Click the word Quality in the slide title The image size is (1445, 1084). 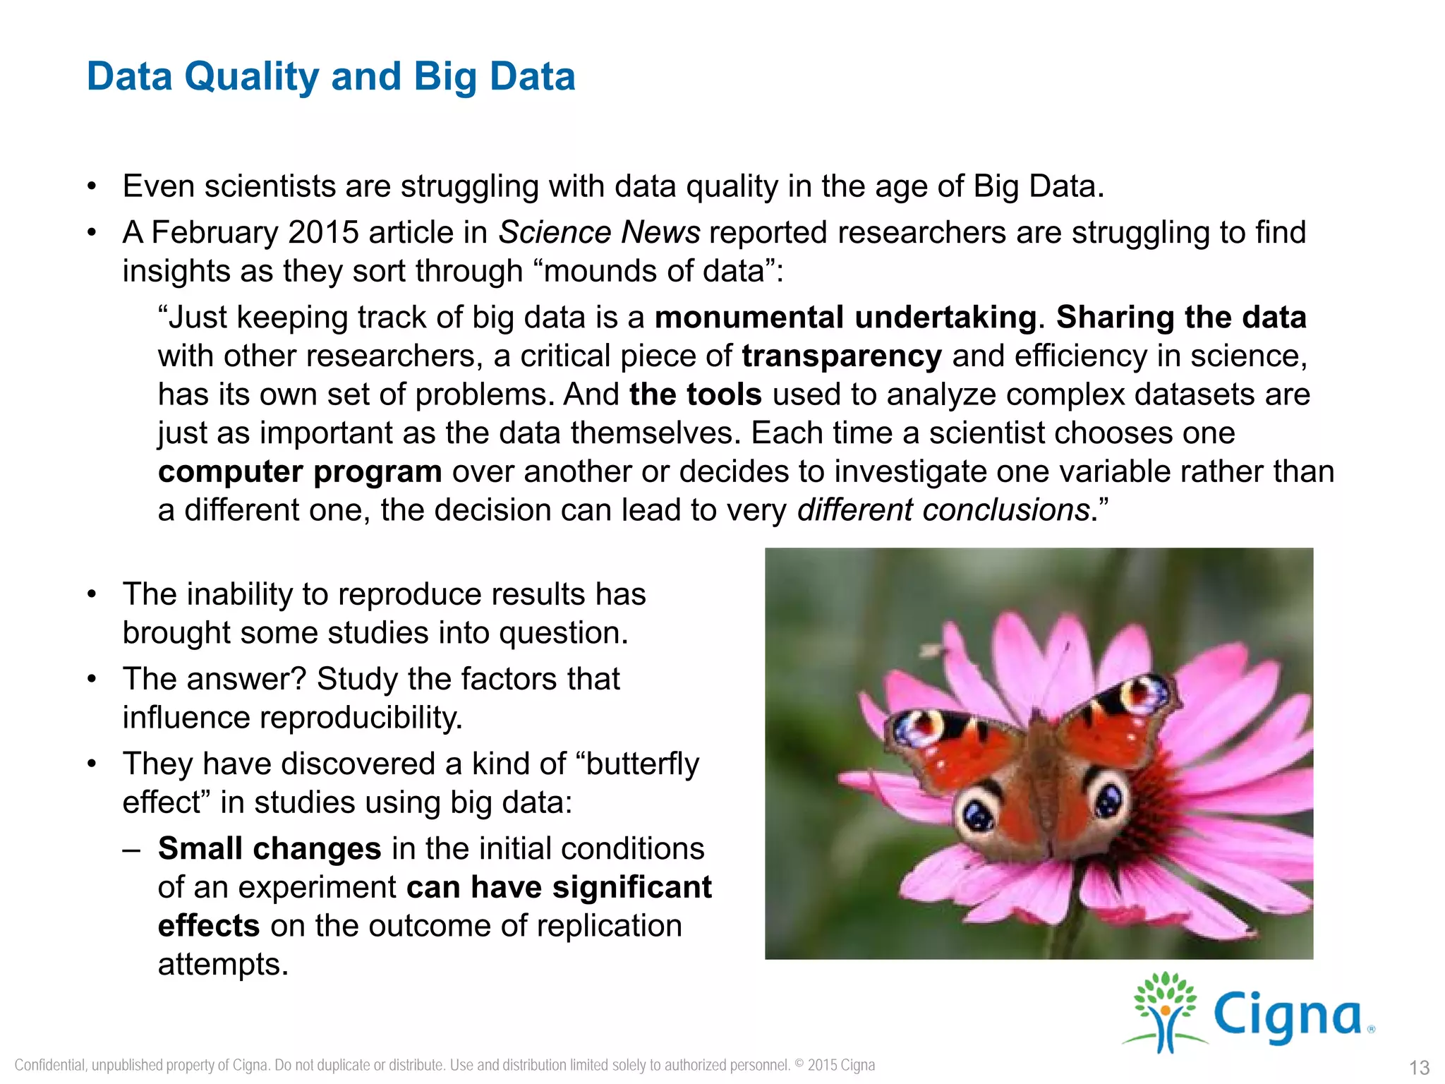[251, 76]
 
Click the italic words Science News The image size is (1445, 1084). [599, 232]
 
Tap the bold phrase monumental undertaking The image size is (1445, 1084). [845, 317]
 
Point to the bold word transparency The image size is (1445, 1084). [841, 356]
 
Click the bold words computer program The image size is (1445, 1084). [300, 471]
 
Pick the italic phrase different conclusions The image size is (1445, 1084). [944, 510]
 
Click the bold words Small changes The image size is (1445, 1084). [270, 848]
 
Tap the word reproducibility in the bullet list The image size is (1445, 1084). [293, 718]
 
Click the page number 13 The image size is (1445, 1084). [1418, 1067]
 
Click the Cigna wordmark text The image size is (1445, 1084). [1287, 1018]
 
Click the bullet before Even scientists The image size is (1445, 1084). [92, 187]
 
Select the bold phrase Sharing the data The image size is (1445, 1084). [1181, 317]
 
